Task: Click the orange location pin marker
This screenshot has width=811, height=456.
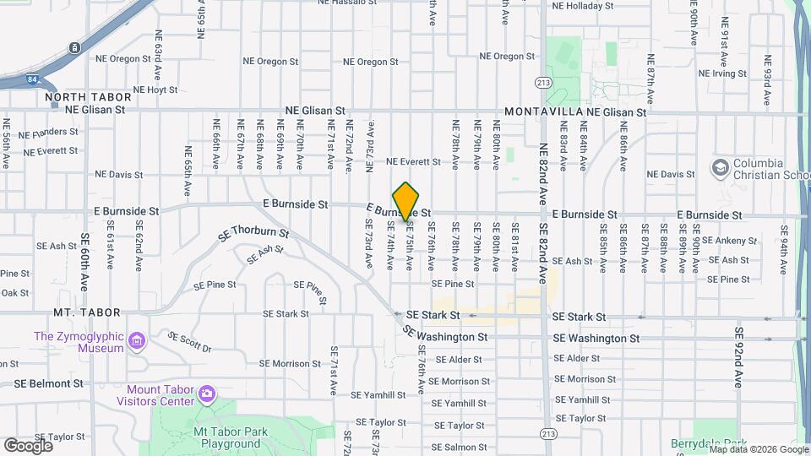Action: point(406,201)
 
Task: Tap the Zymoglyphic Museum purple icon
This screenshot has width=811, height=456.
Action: point(138,341)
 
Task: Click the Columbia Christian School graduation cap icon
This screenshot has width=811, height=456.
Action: point(721,168)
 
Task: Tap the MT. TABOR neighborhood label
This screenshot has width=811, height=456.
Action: point(86,312)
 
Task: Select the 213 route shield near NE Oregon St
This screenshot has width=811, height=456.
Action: point(543,82)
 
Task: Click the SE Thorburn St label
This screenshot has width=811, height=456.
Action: point(253,232)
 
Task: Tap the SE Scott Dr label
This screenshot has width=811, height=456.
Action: point(189,341)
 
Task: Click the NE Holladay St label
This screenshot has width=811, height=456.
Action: point(582,5)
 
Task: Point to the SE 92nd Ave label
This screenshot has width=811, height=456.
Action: point(739,358)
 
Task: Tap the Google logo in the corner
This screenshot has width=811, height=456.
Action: point(29,445)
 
